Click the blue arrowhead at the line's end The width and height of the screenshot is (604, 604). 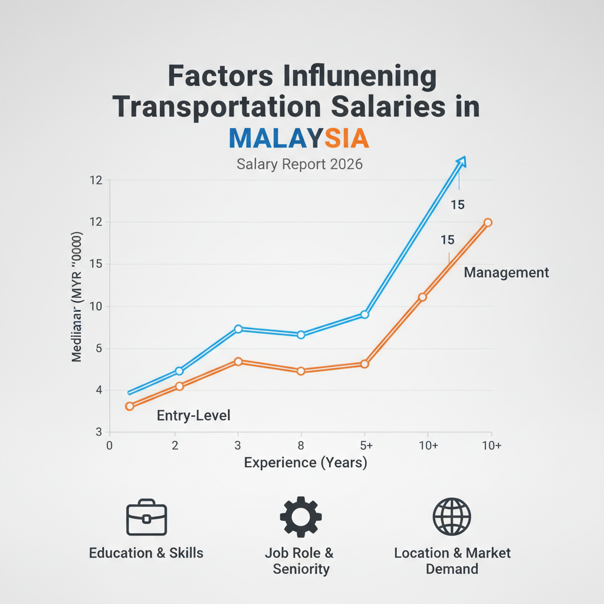coord(461,160)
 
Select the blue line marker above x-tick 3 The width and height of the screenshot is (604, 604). coord(238,329)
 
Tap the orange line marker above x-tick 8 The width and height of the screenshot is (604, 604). coord(301,371)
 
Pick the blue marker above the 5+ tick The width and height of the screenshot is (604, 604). coord(365,314)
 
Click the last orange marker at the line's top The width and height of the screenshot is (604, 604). coord(488,222)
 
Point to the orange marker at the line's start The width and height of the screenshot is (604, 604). coord(130,406)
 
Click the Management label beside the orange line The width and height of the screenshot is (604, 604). coord(506,273)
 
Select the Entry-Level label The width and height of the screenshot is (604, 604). coord(193,415)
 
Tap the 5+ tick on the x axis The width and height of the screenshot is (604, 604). coord(365,446)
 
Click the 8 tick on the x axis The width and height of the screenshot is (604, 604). coord(301,446)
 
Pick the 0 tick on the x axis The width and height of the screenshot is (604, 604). coord(109,446)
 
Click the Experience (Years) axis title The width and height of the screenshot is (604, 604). coord(306,463)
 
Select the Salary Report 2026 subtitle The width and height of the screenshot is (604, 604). coord(300,164)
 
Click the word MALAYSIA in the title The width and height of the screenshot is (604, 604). coord(298,137)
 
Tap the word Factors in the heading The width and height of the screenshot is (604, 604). coord(215,77)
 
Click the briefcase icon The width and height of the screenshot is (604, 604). coord(147,518)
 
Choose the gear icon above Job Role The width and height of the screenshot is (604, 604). coord(300,517)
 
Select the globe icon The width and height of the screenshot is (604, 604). coord(452,517)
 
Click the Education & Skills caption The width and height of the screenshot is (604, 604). coord(146,553)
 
